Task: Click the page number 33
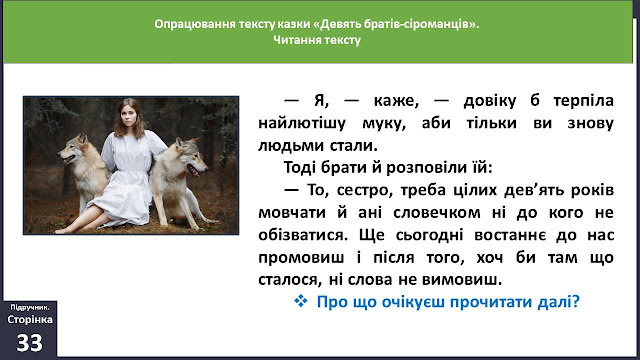coord(29,343)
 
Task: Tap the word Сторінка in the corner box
coord(30,320)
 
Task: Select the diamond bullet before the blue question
coord(301,301)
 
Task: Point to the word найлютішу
coord(302,123)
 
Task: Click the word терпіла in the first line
coord(583,101)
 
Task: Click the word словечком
coord(437,213)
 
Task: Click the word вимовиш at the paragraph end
coord(462,280)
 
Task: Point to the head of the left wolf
coord(74,150)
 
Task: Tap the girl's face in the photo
coord(128,116)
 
